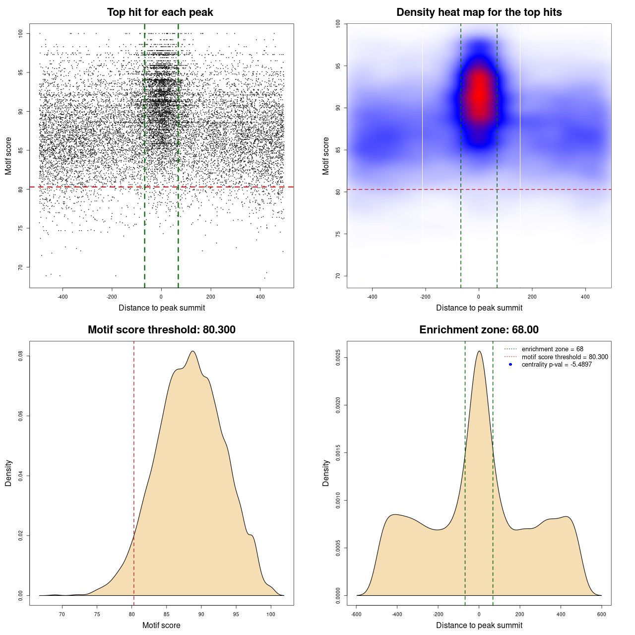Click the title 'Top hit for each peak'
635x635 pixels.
point(160,12)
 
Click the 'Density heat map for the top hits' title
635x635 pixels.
point(479,12)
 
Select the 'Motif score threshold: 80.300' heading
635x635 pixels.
point(161,330)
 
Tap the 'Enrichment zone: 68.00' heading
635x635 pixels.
point(479,330)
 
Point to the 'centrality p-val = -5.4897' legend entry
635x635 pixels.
point(557,365)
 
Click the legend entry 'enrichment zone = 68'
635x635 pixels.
point(552,349)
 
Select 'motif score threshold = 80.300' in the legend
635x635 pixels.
point(565,357)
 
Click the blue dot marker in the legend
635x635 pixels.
point(510,365)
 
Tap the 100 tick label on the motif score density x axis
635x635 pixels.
point(270,614)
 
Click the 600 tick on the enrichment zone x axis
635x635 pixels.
point(602,614)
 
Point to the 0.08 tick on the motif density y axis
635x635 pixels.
point(20,356)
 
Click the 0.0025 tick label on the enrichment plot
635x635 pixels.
point(338,358)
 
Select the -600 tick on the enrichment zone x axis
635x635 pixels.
point(356,614)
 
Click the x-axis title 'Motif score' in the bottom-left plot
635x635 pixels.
point(161,626)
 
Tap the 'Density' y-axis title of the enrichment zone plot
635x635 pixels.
point(326,473)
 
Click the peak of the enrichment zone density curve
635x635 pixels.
point(479,352)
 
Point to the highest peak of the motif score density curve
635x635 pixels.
point(192,352)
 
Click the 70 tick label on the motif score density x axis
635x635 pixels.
point(62,614)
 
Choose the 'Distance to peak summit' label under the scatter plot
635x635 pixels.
point(162,308)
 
